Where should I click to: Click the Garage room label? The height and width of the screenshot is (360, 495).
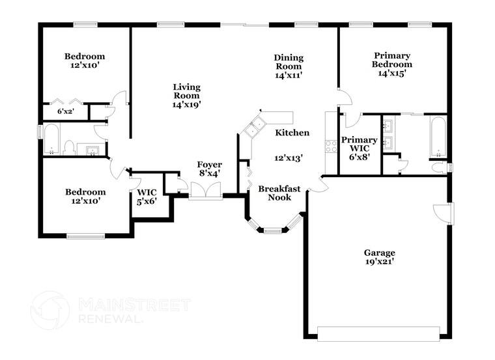[379, 253]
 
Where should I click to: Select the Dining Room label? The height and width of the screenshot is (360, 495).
[287, 62]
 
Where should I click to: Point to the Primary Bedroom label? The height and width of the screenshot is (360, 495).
[391, 60]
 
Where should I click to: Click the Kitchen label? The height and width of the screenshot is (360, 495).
[292, 133]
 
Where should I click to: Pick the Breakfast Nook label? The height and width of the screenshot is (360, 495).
[279, 193]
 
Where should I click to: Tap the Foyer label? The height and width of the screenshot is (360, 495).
[210, 165]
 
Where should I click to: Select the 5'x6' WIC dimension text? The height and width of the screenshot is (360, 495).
[146, 202]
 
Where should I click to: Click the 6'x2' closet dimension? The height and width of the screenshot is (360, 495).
[64, 111]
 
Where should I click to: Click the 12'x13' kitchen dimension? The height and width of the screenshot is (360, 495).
[289, 157]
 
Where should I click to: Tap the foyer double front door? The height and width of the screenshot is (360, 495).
[206, 190]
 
